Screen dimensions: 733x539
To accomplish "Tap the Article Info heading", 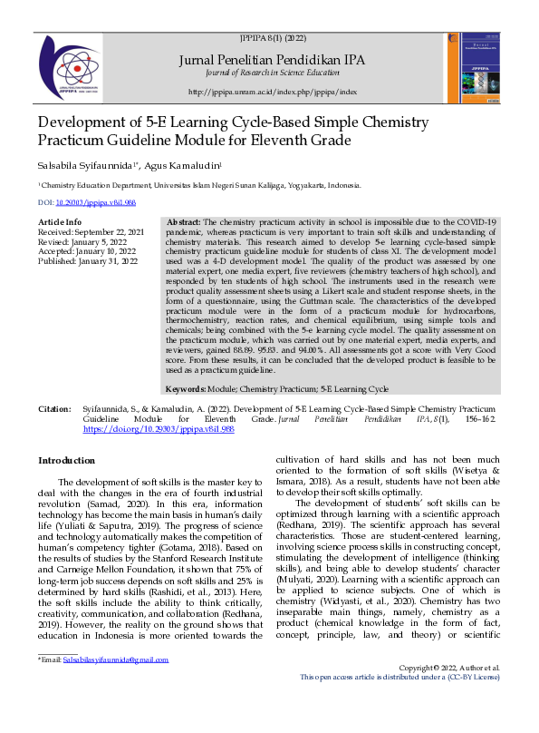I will click(60, 222).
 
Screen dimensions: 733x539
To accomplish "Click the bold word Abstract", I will click(184, 222).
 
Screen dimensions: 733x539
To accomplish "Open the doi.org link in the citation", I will click(159, 429).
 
